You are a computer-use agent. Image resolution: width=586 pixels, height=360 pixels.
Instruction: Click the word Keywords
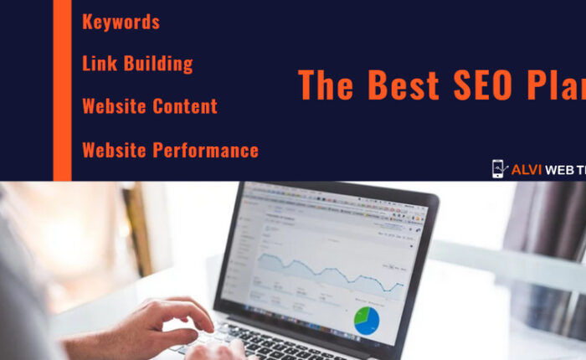point(121,22)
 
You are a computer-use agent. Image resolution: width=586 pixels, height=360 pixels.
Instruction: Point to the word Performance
point(205,151)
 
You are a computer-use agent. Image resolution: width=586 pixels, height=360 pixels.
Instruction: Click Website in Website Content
point(114,106)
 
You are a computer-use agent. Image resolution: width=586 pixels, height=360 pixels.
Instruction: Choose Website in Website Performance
point(114,151)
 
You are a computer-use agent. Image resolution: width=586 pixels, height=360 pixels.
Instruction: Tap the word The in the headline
point(328,85)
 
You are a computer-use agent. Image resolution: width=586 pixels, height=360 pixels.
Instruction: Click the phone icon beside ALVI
point(500,169)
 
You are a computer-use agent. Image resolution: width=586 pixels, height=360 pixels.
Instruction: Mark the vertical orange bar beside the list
point(63,90)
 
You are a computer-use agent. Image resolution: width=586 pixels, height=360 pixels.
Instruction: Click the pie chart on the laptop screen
point(366,319)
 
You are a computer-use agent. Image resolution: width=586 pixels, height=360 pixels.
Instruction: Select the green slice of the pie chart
point(361,316)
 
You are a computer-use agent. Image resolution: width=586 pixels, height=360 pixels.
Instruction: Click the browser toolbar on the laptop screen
point(335,201)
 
